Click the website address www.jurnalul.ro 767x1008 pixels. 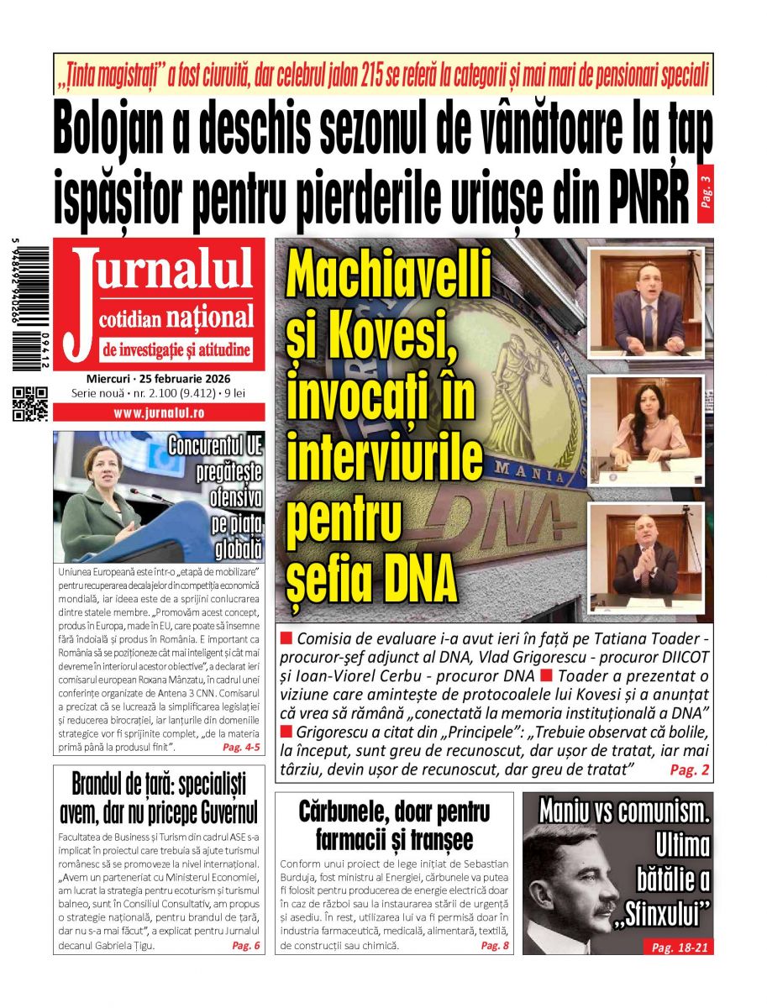tap(159, 412)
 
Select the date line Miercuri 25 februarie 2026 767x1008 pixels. tap(158, 379)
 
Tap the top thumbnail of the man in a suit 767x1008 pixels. tap(646, 302)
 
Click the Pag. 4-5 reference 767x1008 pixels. tap(241, 747)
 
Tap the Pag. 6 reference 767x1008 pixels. tap(246, 945)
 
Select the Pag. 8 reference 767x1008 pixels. tap(494, 945)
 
